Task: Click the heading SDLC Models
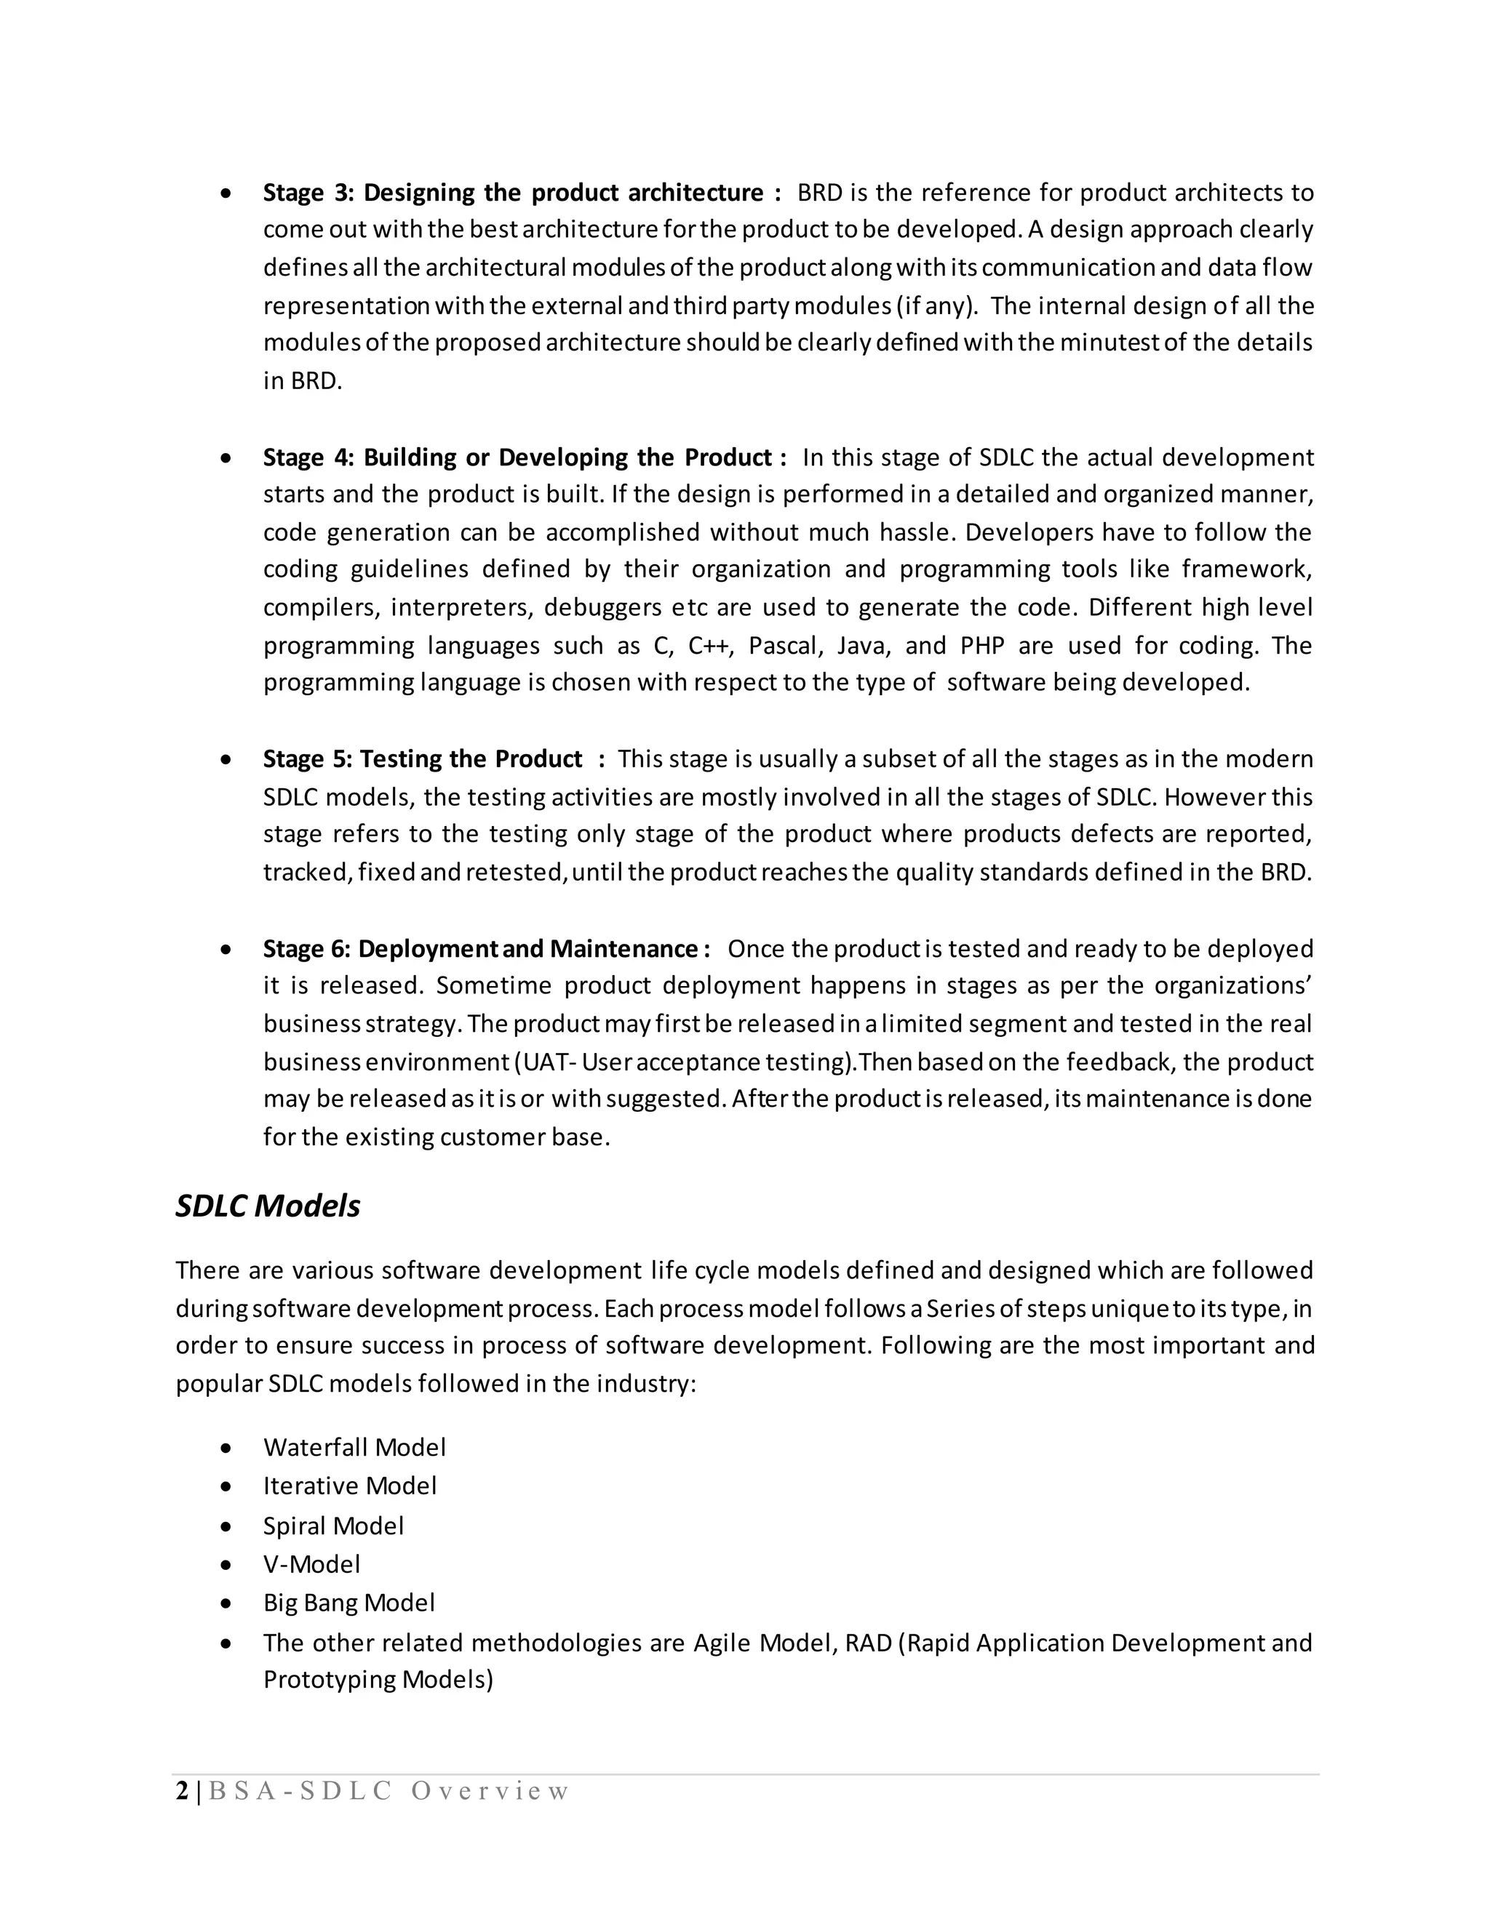point(268,1206)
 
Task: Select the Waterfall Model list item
point(354,1448)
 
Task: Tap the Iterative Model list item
point(349,1486)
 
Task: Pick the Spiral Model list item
point(332,1526)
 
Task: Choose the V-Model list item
point(311,1564)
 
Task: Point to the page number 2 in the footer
point(182,1791)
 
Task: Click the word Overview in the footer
point(490,1791)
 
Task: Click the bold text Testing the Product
point(471,758)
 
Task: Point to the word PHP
point(981,646)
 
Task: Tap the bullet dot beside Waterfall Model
point(227,1449)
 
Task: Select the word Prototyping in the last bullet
point(330,1679)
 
